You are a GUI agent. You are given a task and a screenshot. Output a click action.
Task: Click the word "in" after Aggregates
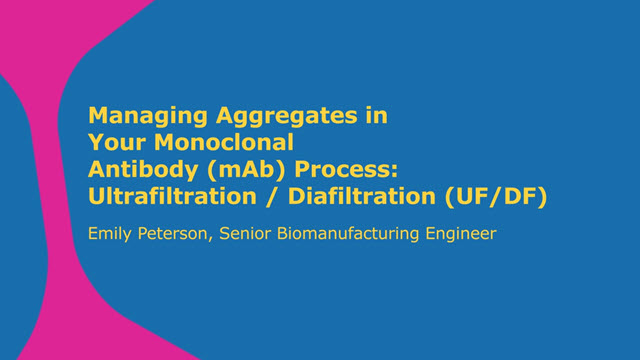click(375, 115)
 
